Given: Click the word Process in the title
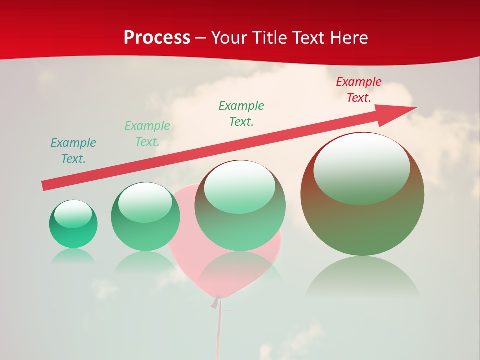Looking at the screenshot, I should point(157,38).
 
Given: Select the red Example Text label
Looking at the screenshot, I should point(359,90).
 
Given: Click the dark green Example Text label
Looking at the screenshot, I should point(241,114).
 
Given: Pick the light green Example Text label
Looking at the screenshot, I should point(147,134).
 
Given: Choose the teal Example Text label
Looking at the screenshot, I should point(73,151).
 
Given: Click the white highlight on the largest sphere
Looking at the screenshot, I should point(362,167).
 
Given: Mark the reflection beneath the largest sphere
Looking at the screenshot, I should point(362,277).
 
